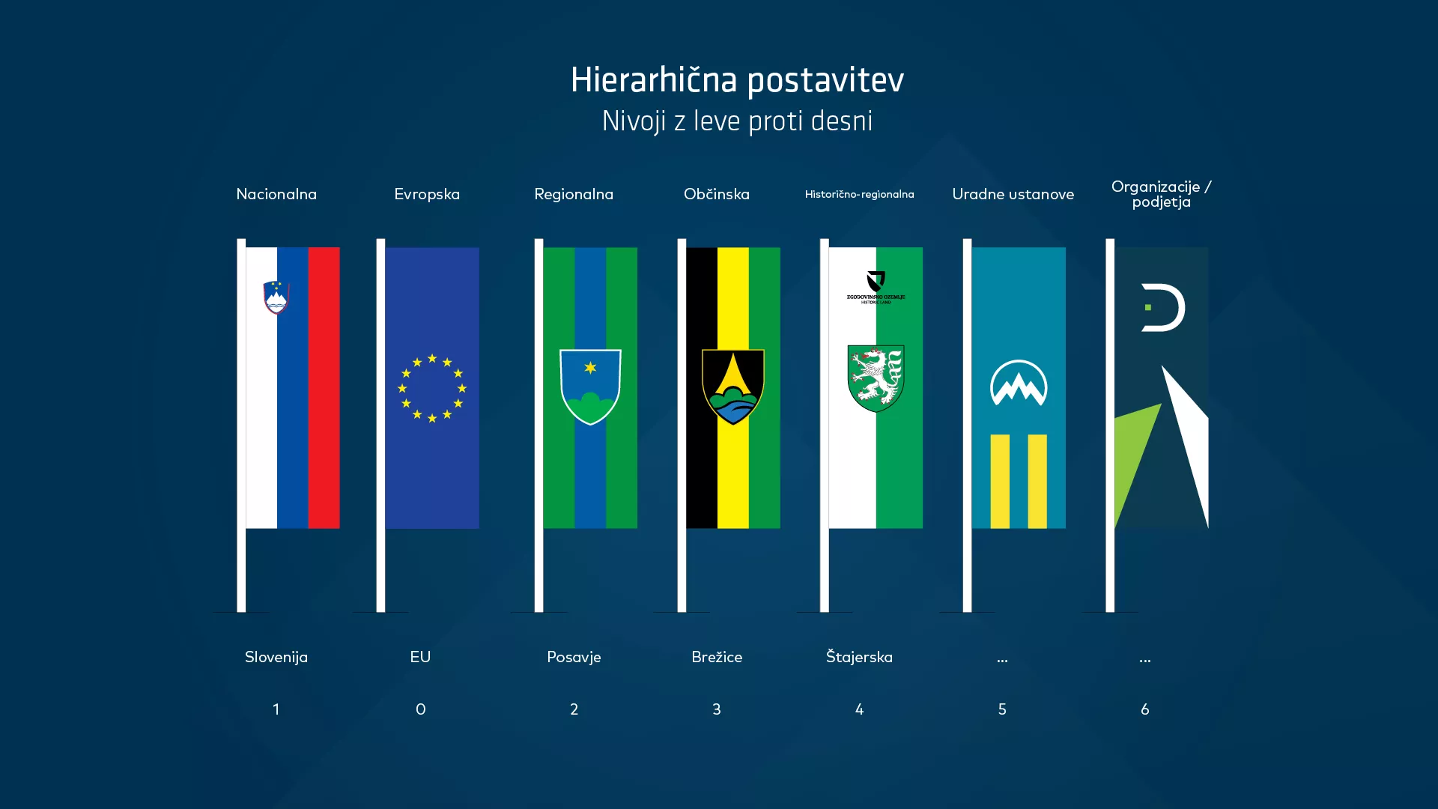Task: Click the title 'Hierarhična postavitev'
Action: tap(737, 80)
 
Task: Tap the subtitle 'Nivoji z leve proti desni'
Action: tap(737, 121)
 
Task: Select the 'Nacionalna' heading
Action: tap(276, 194)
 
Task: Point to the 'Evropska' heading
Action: tap(427, 194)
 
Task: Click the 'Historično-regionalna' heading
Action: tap(859, 194)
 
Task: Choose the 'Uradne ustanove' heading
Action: tap(1013, 194)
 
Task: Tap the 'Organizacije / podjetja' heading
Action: tap(1161, 194)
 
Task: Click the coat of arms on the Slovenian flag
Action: tap(276, 297)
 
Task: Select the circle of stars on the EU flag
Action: tap(432, 388)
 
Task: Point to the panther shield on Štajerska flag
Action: tap(876, 378)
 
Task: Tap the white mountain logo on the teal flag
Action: tap(1019, 384)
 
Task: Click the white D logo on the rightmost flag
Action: tap(1162, 307)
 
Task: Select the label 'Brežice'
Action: tap(717, 657)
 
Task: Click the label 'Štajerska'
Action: tap(859, 657)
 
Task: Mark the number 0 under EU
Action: tap(420, 709)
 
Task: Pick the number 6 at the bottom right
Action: tap(1144, 709)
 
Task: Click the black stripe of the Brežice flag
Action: tap(702, 464)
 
